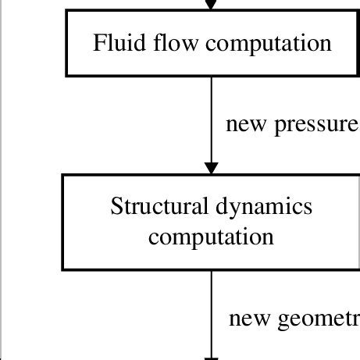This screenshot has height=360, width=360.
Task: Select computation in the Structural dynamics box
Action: (211, 237)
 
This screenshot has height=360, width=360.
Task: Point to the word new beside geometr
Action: (248, 319)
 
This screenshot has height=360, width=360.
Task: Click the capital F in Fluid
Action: (98, 43)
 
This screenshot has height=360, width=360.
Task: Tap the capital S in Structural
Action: (116, 207)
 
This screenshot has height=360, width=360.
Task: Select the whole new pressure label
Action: (291, 125)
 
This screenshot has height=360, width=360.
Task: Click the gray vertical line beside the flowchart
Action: (2, 180)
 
